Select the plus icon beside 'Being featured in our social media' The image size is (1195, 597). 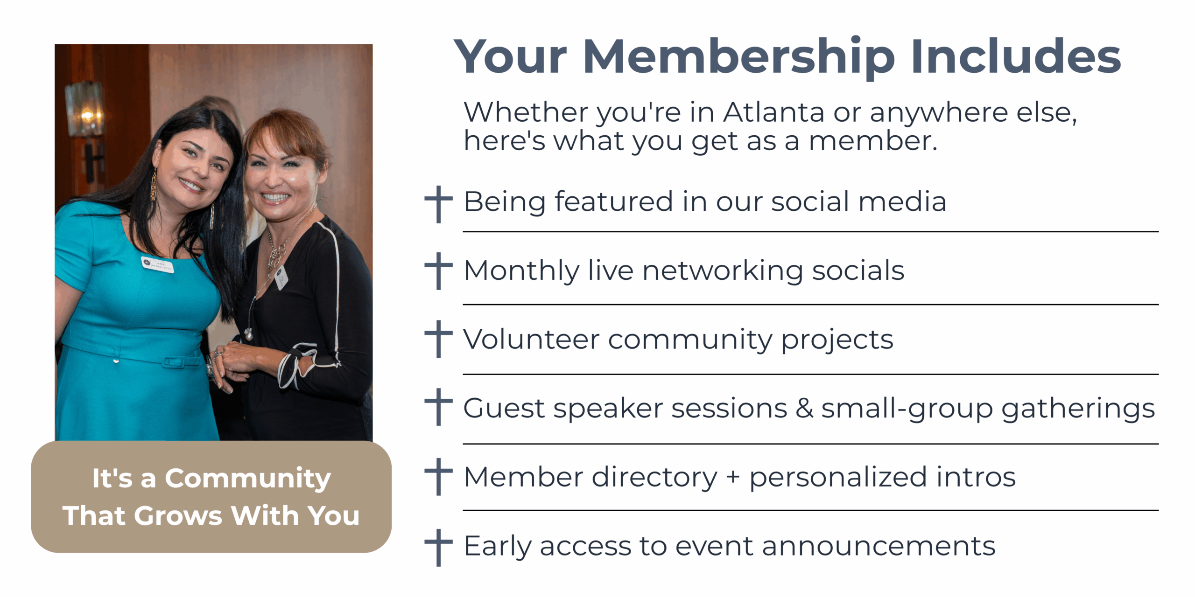(438, 204)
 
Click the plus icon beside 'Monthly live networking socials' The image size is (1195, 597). (438, 271)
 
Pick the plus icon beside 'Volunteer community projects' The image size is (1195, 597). (438, 339)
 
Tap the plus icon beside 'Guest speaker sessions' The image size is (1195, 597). (438, 407)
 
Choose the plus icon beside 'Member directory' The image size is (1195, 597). (438, 476)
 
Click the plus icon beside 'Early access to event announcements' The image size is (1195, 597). (438, 548)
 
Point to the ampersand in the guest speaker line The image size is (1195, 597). (804, 408)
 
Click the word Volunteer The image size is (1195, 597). (531, 339)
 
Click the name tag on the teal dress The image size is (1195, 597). (158, 264)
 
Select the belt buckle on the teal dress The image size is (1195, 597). (174, 362)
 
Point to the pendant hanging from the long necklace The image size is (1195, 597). (249, 334)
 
